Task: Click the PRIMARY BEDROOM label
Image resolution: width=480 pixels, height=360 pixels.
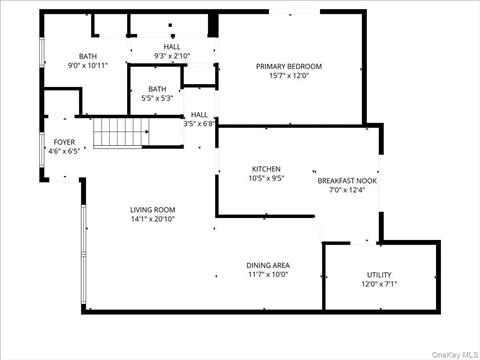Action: pyautogui.click(x=289, y=67)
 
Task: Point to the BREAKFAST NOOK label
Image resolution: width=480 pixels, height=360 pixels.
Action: pyautogui.click(x=347, y=180)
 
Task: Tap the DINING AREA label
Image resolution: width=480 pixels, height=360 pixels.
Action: pyautogui.click(x=267, y=265)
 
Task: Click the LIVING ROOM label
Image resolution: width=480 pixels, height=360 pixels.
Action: pyautogui.click(x=152, y=209)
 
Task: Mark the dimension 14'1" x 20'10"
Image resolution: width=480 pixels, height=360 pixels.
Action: pyautogui.click(x=152, y=219)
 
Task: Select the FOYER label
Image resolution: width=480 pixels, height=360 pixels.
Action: pyautogui.click(x=64, y=142)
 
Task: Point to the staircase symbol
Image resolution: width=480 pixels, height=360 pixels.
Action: pyautogui.click(x=120, y=130)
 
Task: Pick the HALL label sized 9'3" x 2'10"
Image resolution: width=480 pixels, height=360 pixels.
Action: pyautogui.click(x=172, y=46)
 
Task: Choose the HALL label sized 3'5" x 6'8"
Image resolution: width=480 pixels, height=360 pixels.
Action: pyautogui.click(x=199, y=114)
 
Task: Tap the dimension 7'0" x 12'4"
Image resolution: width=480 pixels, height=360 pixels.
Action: pyautogui.click(x=347, y=190)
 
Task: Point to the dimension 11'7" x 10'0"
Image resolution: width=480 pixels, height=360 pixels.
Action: pyautogui.click(x=267, y=275)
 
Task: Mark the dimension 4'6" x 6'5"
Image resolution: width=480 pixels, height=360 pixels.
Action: pyautogui.click(x=64, y=152)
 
